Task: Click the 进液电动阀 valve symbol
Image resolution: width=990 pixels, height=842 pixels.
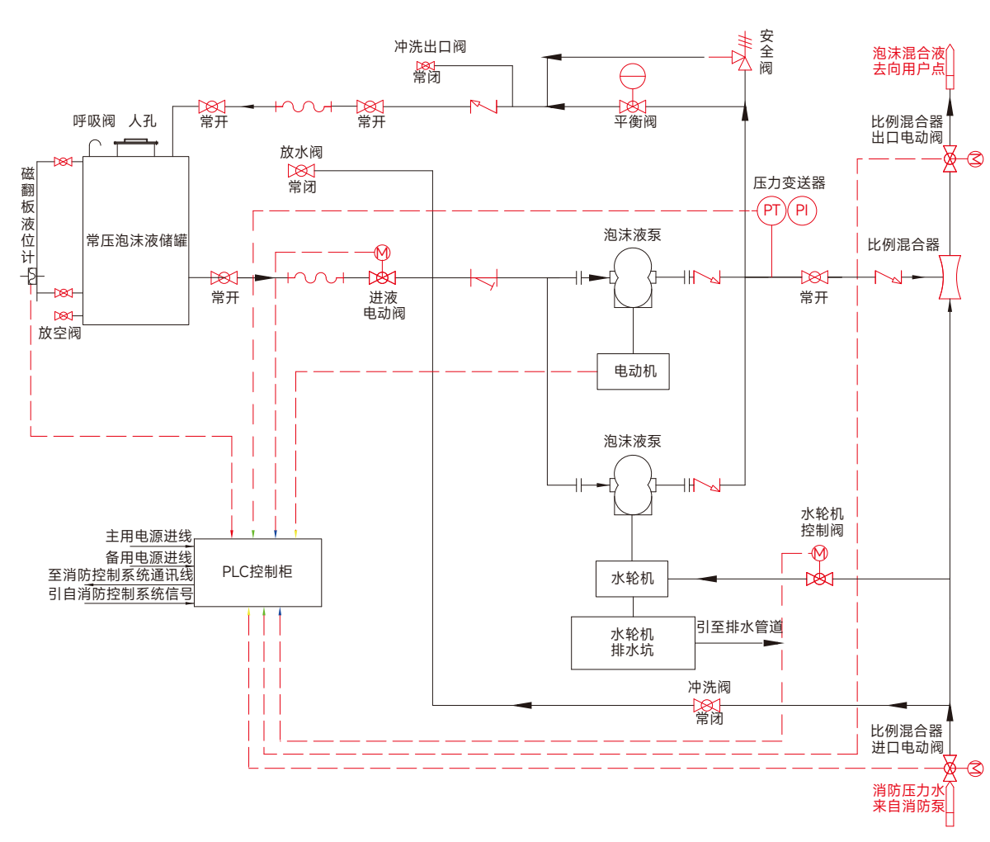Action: pyautogui.click(x=382, y=277)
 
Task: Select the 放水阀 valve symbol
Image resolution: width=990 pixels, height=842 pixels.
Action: pyautogui.click(x=301, y=171)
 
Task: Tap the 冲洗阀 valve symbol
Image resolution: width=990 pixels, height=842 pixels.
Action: pyautogui.click(x=706, y=706)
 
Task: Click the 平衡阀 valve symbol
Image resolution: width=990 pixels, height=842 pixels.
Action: pyautogui.click(x=633, y=106)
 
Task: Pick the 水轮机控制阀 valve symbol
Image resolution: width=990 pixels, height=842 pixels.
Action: pyautogui.click(x=819, y=579)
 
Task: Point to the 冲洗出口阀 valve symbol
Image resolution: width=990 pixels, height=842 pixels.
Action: pyautogui.click(x=426, y=66)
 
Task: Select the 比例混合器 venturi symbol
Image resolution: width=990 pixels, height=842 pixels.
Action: pyautogui.click(x=950, y=277)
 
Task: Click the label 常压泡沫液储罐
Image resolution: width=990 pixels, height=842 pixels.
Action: pyautogui.click(x=136, y=240)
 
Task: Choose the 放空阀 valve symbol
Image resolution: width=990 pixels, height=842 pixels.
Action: pyautogui.click(x=64, y=316)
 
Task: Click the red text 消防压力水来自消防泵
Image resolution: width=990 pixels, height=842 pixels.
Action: pyautogui.click(x=908, y=798)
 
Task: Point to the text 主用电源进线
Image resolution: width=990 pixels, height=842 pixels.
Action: pyautogui.click(x=148, y=536)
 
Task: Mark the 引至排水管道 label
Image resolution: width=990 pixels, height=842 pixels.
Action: pyautogui.click(x=739, y=627)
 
